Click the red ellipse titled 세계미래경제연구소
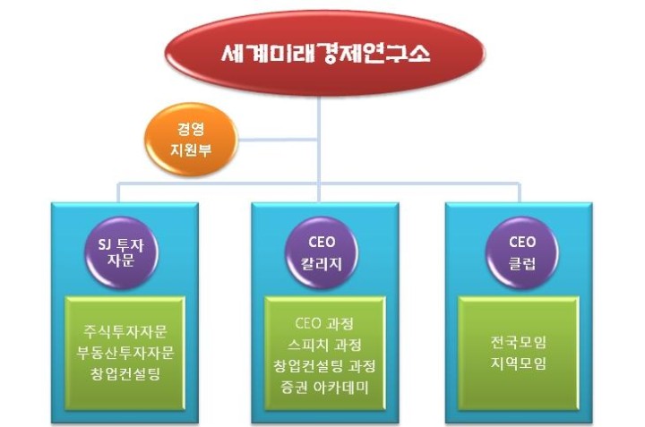[x=324, y=54]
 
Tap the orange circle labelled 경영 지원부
[x=191, y=140]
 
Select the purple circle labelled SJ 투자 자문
[x=122, y=252]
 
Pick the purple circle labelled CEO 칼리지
[x=322, y=252]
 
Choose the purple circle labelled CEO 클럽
[x=522, y=252]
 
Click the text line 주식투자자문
[x=125, y=331]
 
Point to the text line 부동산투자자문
[x=125, y=353]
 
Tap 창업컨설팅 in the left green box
[x=125, y=374]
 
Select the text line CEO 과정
[x=324, y=323]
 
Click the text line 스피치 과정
[x=324, y=345]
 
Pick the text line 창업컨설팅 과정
[x=324, y=366]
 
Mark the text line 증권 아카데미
[x=324, y=387]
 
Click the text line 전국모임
[x=519, y=342]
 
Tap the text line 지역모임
[x=519, y=363]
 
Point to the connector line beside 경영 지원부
[x=278, y=140]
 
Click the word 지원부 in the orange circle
[x=191, y=150]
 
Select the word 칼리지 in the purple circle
[x=322, y=263]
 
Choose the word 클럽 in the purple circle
[x=522, y=263]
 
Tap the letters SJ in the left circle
[x=105, y=245]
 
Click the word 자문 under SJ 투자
[x=121, y=260]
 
